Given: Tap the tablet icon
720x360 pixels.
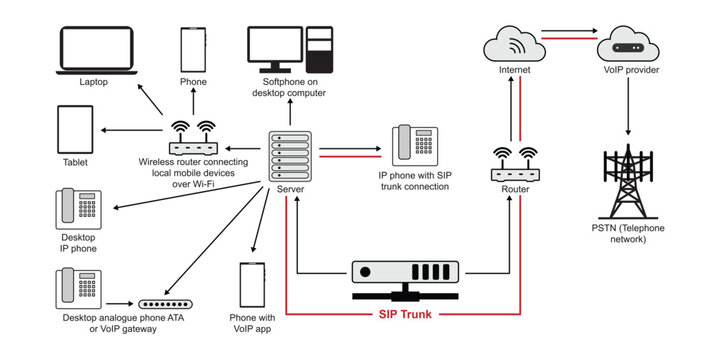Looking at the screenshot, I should (76, 131).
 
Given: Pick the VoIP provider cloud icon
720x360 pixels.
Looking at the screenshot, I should (628, 45).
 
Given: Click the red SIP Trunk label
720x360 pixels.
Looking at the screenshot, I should (405, 314).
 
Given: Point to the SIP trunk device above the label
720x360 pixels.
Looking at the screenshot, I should (404, 274).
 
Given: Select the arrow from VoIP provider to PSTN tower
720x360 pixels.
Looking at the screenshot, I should (628, 105).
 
